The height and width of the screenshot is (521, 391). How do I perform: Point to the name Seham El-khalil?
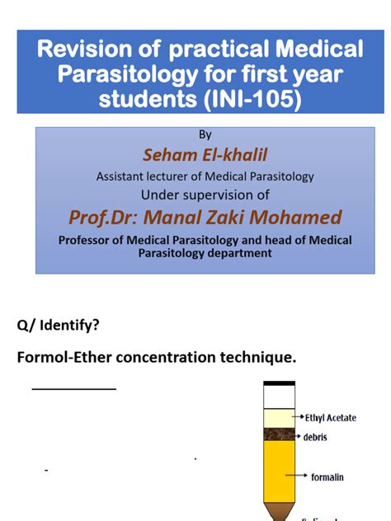click(x=205, y=156)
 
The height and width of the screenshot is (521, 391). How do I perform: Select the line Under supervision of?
click(x=205, y=195)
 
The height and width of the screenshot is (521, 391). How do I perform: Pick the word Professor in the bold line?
click(x=91, y=240)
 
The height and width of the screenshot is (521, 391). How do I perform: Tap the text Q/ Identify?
click(x=59, y=325)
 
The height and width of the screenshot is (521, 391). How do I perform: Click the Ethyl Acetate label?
click(x=330, y=418)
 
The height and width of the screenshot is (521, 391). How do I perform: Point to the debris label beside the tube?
click(x=316, y=437)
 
